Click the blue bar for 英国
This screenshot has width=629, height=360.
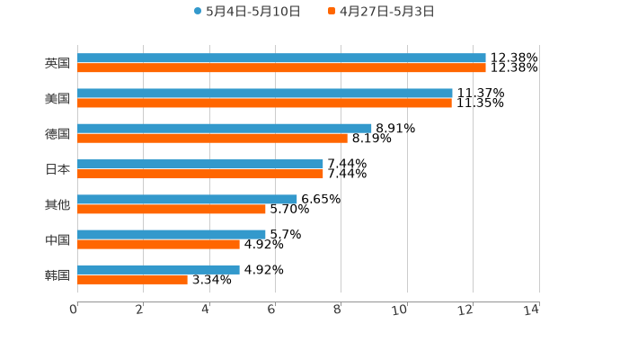pyautogui.click(x=281, y=58)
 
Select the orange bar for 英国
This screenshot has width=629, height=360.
pyautogui.click(x=281, y=67)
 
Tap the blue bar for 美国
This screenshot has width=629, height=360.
pyautogui.click(x=265, y=93)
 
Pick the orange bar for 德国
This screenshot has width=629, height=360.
pyautogui.click(x=212, y=138)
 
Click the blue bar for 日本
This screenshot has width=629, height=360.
pyautogui.click(x=200, y=164)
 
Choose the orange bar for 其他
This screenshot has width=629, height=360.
pyautogui.click(x=172, y=209)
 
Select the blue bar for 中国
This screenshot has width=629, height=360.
pyautogui.click(x=172, y=234)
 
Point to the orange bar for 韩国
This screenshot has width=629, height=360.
pyautogui.click(x=132, y=279)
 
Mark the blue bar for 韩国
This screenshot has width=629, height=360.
pyautogui.click(x=158, y=269)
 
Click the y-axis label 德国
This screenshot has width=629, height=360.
pyautogui.click(x=58, y=133)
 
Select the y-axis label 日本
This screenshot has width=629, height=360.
pyautogui.click(x=58, y=169)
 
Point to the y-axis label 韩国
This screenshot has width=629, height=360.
pyautogui.click(x=58, y=274)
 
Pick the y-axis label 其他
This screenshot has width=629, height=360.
pyautogui.click(x=58, y=204)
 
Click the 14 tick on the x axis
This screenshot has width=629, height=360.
pyautogui.click(x=532, y=310)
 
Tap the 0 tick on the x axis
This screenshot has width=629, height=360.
pyautogui.click(x=74, y=310)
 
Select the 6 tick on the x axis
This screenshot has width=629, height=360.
pyautogui.click(x=271, y=310)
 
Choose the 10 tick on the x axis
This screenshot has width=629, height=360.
pyautogui.click(x=400, y=310)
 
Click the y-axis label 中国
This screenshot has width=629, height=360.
pyautogui.click(x=58, y=239)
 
